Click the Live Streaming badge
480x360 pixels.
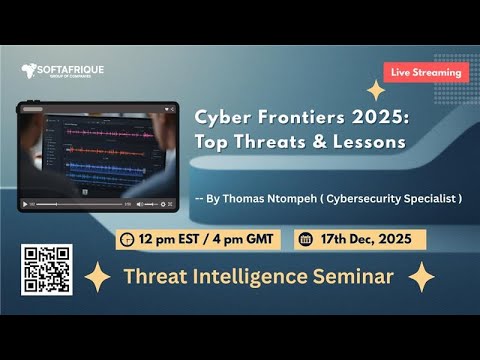[x=426, y=72]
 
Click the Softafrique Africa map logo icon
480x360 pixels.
[x=29, y=70]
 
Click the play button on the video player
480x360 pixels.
[x=26, y=204]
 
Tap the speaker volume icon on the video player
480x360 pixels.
[x=149, y=204]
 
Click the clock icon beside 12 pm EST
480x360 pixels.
[x=126, y=240]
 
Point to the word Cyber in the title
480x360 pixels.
[x=222, y=115]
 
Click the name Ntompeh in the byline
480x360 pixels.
[x=297, y=198]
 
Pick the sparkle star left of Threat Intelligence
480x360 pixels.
[x=97, y=277]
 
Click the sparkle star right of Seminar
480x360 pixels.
[x=421, y=277]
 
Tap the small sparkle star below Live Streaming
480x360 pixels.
[x=376, y=91]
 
